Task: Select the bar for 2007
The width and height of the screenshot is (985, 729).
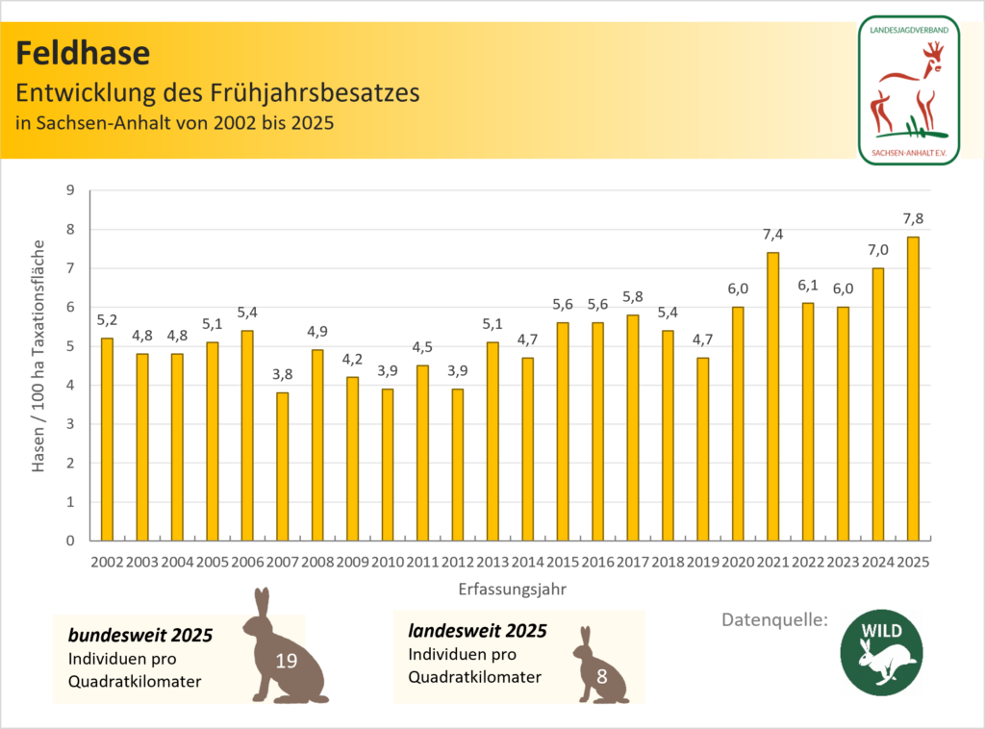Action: tap(282, 466)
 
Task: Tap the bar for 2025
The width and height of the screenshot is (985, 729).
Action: tap(913, 389)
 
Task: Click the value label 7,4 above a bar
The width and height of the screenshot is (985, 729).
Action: tap(772, 236)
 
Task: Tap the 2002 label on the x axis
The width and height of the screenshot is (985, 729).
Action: tap(107, 561)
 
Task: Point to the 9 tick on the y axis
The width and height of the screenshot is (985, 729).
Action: tap(68, 190)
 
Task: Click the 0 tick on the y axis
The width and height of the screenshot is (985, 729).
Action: tap(68, 540)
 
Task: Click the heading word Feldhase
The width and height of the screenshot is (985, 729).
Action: tap(83, 51)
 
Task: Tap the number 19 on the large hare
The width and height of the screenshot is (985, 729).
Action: tap(286, 661)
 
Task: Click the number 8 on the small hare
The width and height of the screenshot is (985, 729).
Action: tap(601, 675)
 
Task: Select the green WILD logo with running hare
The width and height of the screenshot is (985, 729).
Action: tap(883, 651)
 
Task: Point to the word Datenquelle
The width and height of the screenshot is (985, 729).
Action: tap(775, 620)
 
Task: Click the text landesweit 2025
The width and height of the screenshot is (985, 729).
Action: tap(477, 632)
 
